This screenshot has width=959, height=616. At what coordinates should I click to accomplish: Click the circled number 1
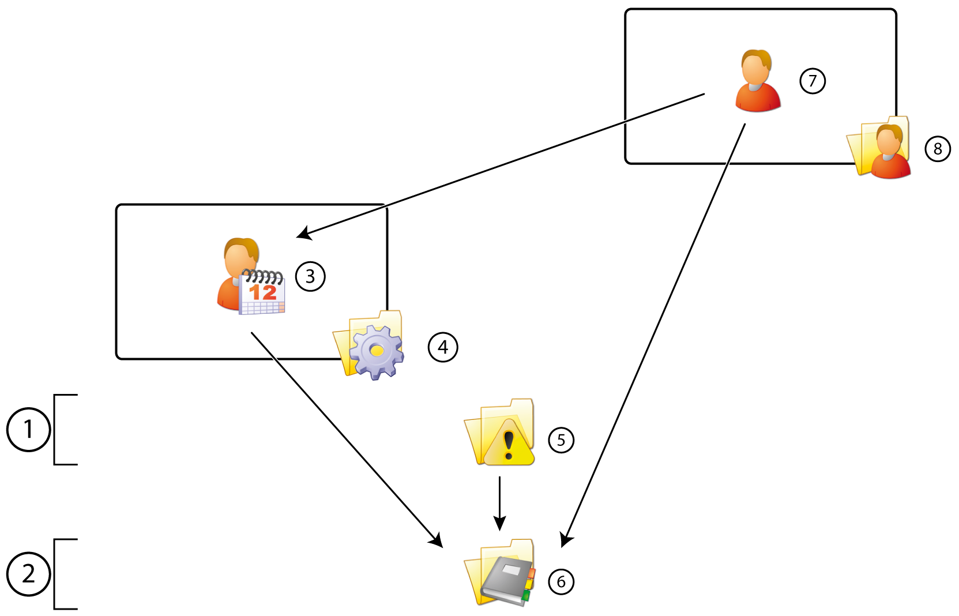pyautogui.click(x=28, y=429)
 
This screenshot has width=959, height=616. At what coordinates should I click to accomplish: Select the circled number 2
pyautogui.click(x=28, y=574)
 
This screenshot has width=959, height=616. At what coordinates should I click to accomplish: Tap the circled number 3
pyautogui.click(x=310, y=276)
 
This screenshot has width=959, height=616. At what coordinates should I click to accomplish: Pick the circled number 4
pyautogui.click(x=443, y=347)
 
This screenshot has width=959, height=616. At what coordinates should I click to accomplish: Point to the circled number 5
pyautogui.click(x=561, y=441)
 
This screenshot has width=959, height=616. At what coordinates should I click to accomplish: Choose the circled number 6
pyautogui.click(x=561, y=581)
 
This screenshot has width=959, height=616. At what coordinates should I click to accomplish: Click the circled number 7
pyautogui.click(x=813, y=81)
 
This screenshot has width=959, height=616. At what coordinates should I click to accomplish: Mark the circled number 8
pyautogui.click(x=938, y=149)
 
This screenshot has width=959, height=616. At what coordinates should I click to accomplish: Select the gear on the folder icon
pyautogui.click(x=376, y=351)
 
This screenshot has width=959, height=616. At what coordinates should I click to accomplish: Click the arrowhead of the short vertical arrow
pyautogui.click(x=500, y=524)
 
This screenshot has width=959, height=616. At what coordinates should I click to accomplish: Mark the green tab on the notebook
pyautogui.click(x=526, y=595)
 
